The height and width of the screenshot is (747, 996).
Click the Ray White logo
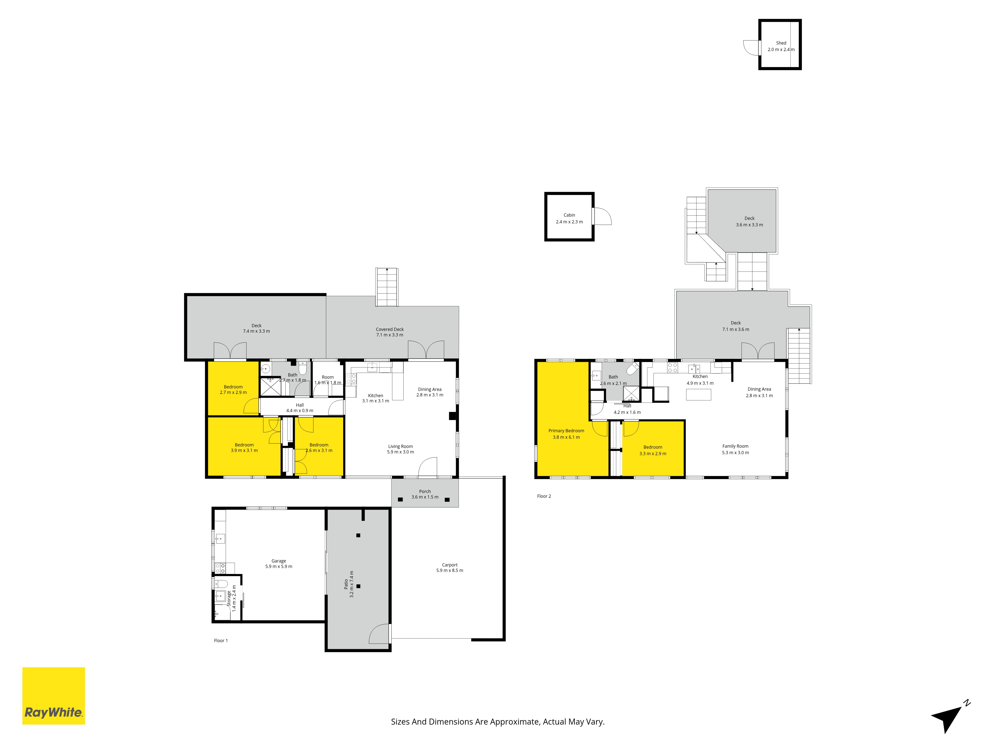click(x=54, y=696)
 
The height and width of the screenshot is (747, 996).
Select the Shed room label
click(x=781, y=43)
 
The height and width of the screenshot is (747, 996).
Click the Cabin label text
click(x=569, y=215)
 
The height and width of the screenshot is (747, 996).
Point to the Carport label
click(x=449, y=565)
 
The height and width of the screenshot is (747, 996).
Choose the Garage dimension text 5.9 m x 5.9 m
click(x=279, y=566)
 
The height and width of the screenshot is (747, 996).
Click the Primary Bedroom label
click(x=566, y=431)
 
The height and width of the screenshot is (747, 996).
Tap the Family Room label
click(x=735, y=446)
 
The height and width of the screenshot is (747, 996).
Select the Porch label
click(x=425, y=491)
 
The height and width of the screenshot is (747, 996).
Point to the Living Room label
click(x=400, y=446)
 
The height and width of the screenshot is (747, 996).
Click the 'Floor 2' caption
click(x=544, y=496)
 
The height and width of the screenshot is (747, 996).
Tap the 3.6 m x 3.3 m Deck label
click(x=749, y=222)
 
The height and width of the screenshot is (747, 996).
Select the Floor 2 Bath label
click(x=613, y=377)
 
